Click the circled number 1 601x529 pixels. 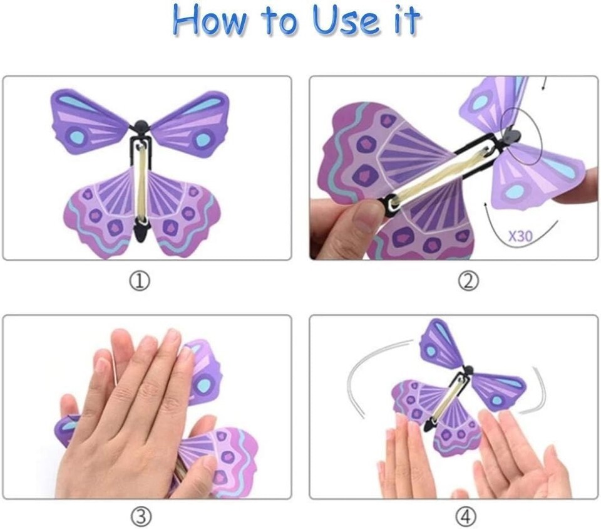click(x=139, y=282)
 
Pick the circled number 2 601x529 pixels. click(x=468, y=282)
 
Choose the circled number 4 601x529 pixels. click(x=466, y=517)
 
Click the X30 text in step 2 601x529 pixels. click(x=520, y=236)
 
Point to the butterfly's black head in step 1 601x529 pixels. click(x=141, y=125)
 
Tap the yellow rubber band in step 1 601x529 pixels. click(x=141, y=184)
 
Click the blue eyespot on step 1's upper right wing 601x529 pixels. click(x=203, y=139)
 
